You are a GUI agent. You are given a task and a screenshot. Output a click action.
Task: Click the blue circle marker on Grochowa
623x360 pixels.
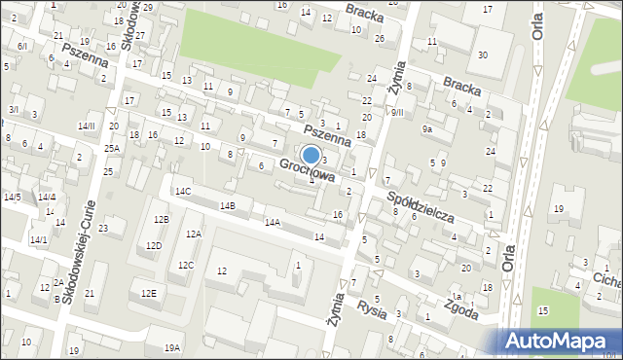pyautogui.click(x=311, y=155)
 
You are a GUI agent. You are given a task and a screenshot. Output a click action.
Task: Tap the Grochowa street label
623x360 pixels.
pyautogui.click(x=308, y=171)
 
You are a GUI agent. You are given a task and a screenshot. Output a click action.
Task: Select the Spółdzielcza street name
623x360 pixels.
pyautogui.click(x=421, y=204)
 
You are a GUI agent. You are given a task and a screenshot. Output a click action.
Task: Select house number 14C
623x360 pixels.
pyautogui.click(x=183, y=192)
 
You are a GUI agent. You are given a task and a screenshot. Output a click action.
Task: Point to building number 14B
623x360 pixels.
pyautogui.click(x=227, y=206)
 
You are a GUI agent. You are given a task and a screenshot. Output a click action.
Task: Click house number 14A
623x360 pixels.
pyautogui.click(x=272, y=223)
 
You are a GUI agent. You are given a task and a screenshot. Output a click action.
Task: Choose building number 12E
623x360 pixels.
pyautogui.click(x=148, y=294)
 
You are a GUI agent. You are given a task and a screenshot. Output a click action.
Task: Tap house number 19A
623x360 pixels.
pyautogui.click(x=171, y=347)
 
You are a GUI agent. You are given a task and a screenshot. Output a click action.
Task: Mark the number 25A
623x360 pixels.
pyautogui.click(x=112, y=149)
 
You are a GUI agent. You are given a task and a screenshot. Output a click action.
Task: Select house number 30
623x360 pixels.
pyautogui.click(x=482, y=55)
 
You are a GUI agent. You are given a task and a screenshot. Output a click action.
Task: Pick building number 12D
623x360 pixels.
pyautogui.click(x=154, y=245)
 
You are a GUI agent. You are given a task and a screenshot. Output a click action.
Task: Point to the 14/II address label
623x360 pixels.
pyautogui.click(x=87, y=126)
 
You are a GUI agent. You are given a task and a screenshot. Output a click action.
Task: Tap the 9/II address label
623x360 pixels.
pyautogui.click(x=397, y=113)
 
